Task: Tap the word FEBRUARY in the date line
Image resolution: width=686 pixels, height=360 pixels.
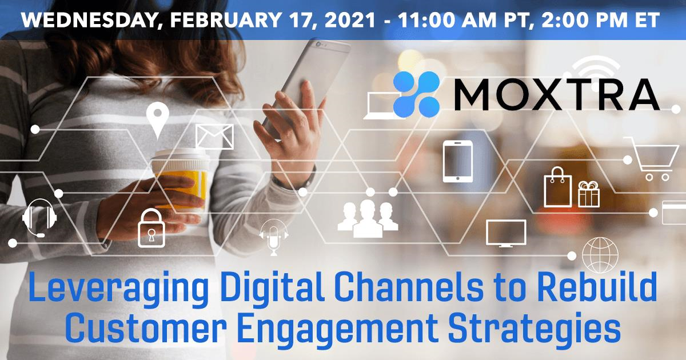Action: pos(225,20)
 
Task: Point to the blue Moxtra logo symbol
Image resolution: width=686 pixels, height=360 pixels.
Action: pos(417,94)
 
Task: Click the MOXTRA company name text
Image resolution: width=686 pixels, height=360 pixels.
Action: pos(557,94)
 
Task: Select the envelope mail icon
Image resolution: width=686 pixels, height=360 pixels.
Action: pos(214,137)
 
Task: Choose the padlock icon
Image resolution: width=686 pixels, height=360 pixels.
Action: pos(151,228)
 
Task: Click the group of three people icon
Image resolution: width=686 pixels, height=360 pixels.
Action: pos(368,219)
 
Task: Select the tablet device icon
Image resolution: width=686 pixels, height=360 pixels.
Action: pos(458,161)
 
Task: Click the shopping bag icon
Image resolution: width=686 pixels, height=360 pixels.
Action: pos(558,187)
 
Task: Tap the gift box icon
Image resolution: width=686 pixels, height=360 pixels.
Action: pos(589,194)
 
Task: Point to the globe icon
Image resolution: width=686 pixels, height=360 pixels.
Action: pos(600,255)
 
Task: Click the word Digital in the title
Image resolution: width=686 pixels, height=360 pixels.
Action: pos(272,286)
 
